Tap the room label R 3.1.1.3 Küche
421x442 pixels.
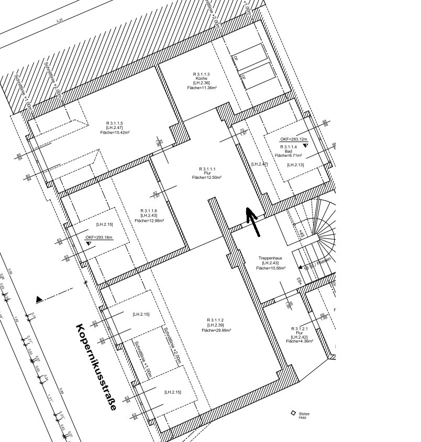pyautogui.click(x=202, y=77)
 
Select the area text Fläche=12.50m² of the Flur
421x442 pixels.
pyautogui.click(x=207, y=178)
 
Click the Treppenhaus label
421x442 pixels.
pyautogui.click(x=271, y=258)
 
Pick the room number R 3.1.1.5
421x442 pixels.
pyautogui.click(x=114, y=123)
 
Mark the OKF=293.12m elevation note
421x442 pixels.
pyautogui.click(x=292, y=139)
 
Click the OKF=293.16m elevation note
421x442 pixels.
pyautogui.click(x=99, y=238)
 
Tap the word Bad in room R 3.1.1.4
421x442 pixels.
pyautogui.click(x=289, y=151)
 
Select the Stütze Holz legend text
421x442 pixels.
pyautogui.click(x=304, y=415)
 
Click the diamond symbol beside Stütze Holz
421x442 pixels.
pyautogui.click(x=293, y=413)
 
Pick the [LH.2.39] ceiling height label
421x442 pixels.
pyautogui.click(x=215, y=325)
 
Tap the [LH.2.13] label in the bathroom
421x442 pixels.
pyautogui.click(x=295, y=165)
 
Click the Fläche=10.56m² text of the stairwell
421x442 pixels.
pyautogui.click(x=271, y=268)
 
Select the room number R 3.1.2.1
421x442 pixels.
pyautogui.click(x=300, y=328)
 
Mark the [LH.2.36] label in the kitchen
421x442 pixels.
pyautogui.click(x=202, y=83)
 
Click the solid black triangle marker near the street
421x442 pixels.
pyautogui.click(x=39, y=299)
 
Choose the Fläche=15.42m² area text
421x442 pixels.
pyautogui.click(x=115, y=133)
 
